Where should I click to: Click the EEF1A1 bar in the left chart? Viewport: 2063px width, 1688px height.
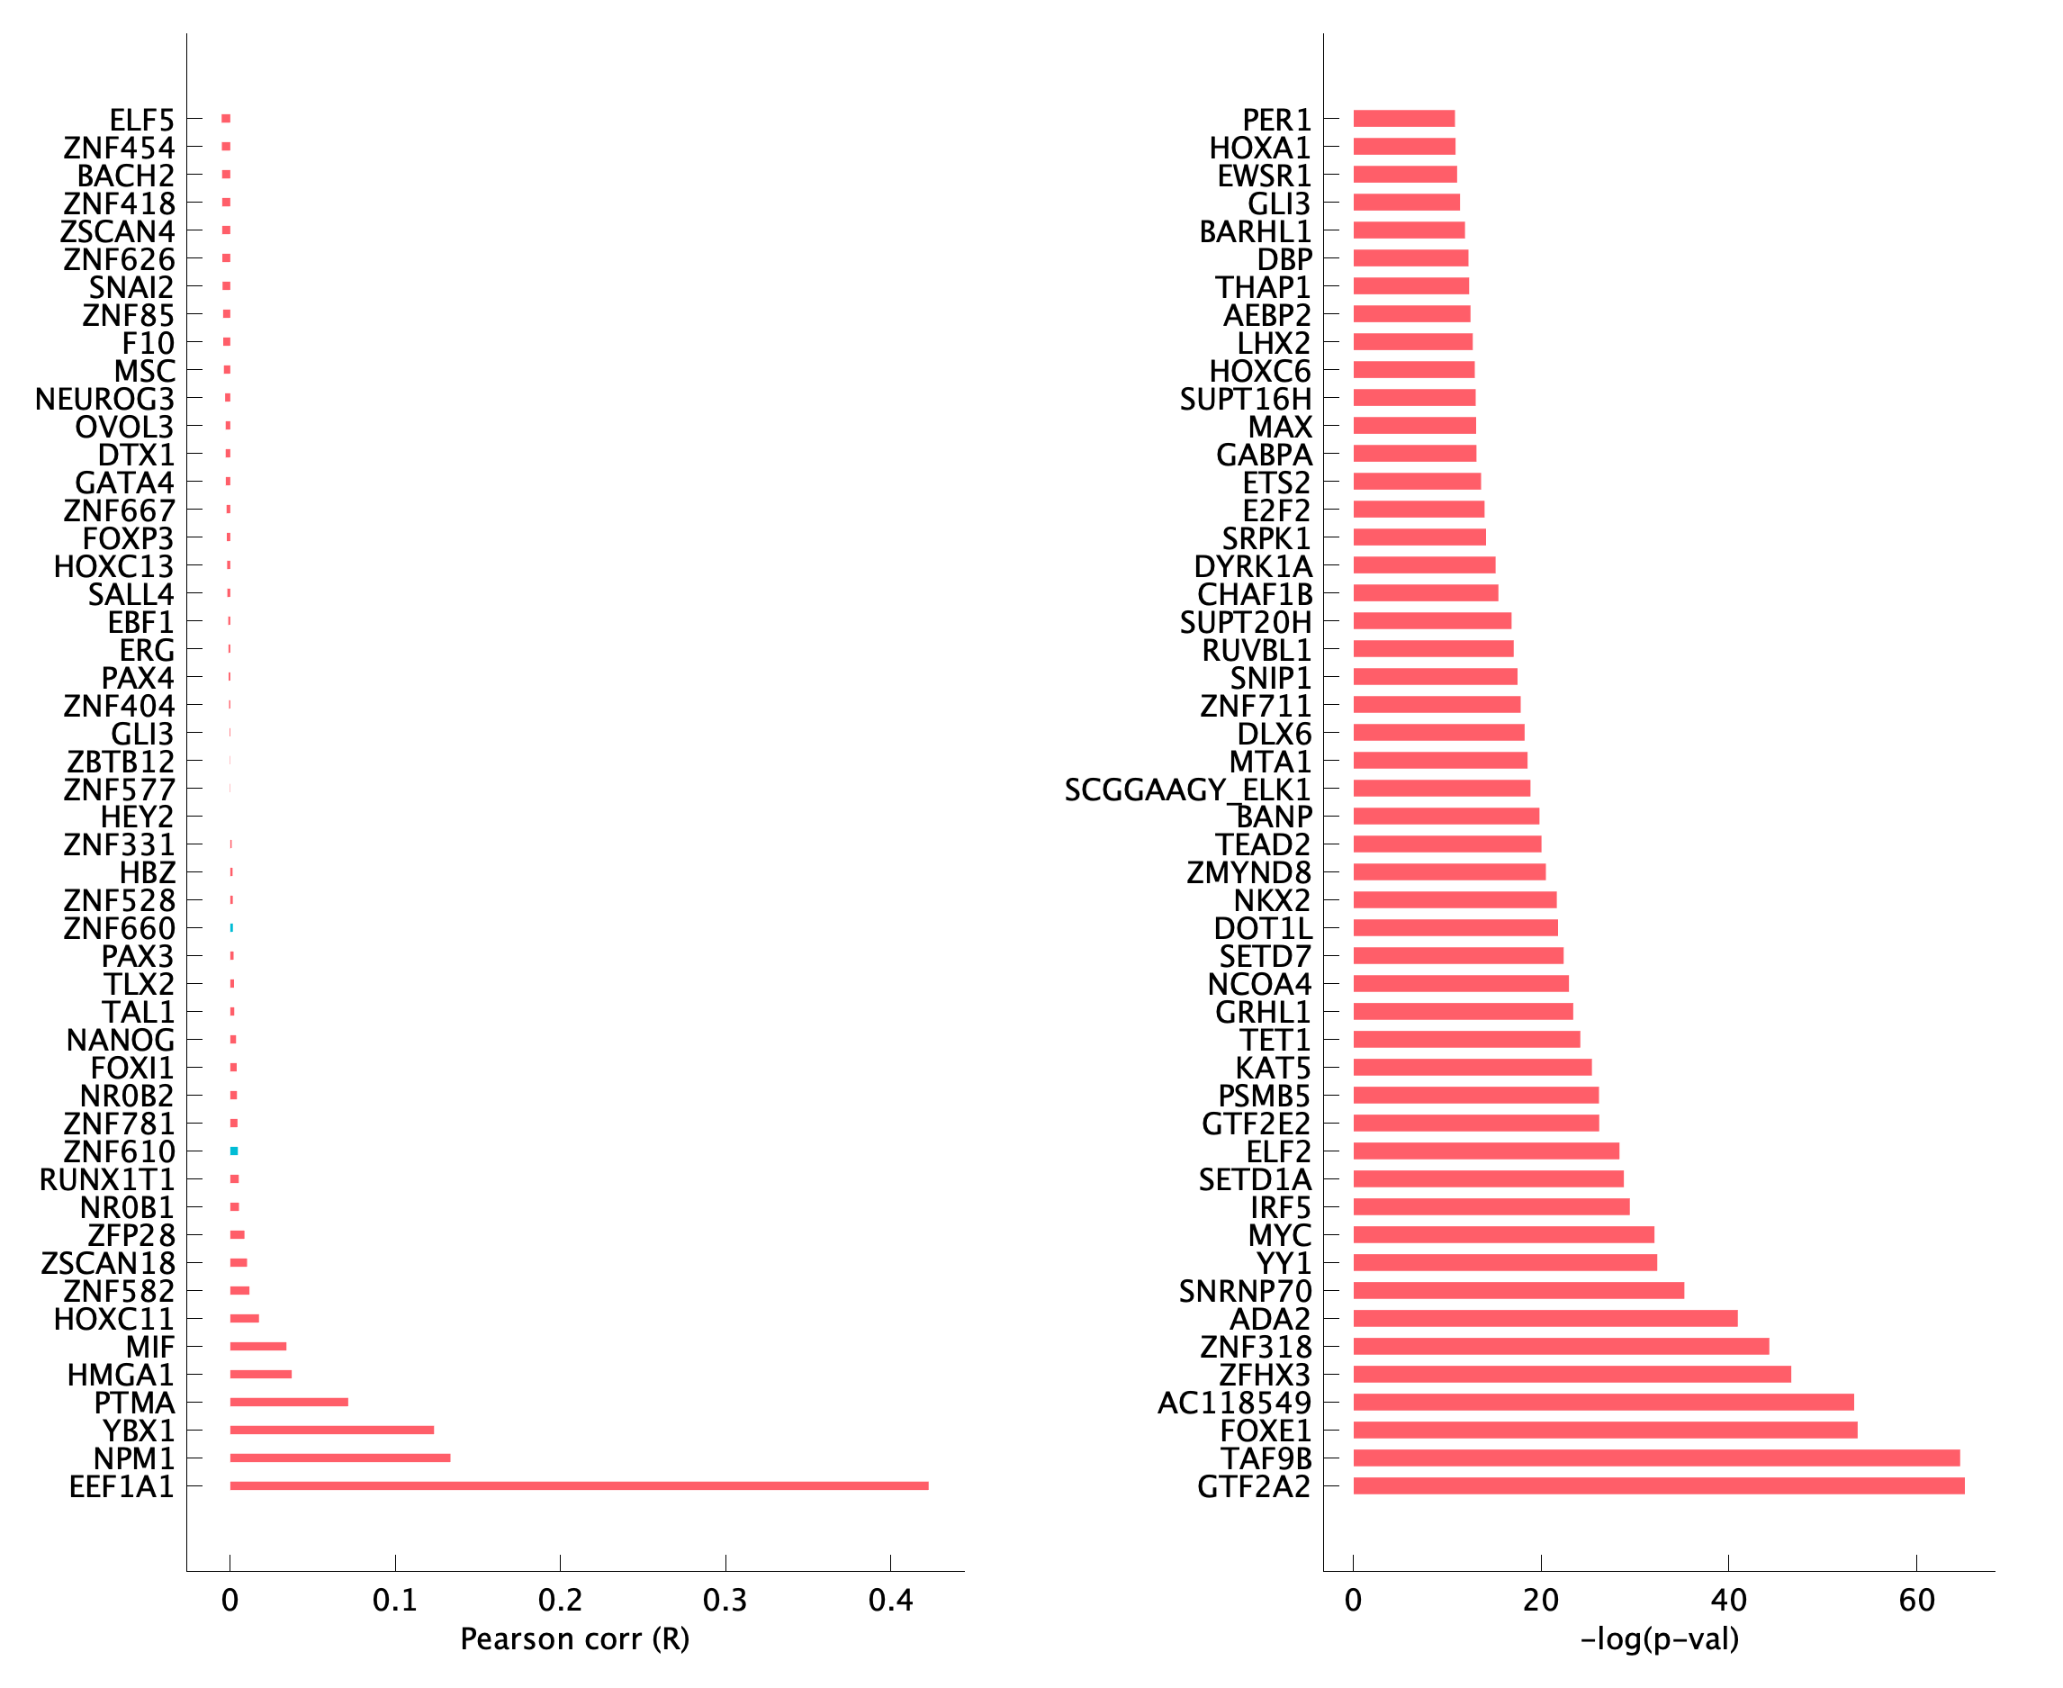pyautogui.click(x=579, y=1485)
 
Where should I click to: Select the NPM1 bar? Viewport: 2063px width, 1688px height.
pyautogui.click(x=340, y=1458)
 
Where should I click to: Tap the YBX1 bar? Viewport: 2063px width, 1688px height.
pyautogui.click(x=331, y=1431)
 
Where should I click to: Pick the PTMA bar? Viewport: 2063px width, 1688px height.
pyautogui.click(x=289, y=1402)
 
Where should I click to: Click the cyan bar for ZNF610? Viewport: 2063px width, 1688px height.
pyautogui.click(x=234, y=1151)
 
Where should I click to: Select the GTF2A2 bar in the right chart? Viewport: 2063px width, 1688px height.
pyautogui.click(x=1659, y=1485)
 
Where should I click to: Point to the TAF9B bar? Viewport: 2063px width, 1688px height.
pyautogui.click(x=1655, y=1458)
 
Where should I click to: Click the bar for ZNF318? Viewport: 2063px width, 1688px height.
pyautogui.click(x=1561, y=1347)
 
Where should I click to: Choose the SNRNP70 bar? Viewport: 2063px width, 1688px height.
pyautogui.click(x=1518, y=1290)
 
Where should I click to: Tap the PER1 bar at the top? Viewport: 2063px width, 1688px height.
pyautogui.click(x=1404, y=119)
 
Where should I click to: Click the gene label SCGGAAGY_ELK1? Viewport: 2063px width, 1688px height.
pyautogui.click(x=1187, y=790)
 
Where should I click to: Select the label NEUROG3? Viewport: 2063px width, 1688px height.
pyautogui.click(x=105, y=400)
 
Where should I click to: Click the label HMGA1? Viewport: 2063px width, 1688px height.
pyautogui.click(x=121, y=1375)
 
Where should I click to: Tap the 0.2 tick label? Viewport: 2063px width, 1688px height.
pyautogui.click(x=560, y=1601)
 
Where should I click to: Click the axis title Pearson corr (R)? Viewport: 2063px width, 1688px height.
pyautogui.click(x=574, y=1639)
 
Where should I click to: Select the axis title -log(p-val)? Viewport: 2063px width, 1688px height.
pyautogui.click(x=1659, y=1639)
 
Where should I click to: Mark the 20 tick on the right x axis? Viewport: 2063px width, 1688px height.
pyautogui.click(x=1541, y=1601)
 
